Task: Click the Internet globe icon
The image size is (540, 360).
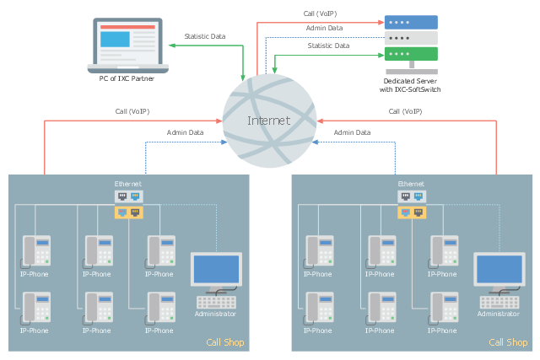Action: click(x=268, y=121)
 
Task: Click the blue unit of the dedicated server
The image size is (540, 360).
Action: click(x=411, y=22)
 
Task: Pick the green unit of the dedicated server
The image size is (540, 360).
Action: click(x=411, y=54)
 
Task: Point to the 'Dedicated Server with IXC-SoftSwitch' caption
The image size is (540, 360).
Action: click(x=411, y=85)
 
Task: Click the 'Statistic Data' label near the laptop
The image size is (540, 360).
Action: click(x=205, y=36)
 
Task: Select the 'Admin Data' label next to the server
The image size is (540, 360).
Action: click(x=325, y=29)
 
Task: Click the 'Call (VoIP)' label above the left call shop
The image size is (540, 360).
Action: click(x=133, y=111)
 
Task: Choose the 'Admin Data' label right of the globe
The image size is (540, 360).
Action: click(x=352, y=132)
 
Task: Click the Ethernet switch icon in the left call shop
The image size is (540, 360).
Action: click(x=128, y=204)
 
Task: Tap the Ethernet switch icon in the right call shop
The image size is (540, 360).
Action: click(x=411, y=204)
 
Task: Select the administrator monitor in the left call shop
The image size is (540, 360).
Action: click(x=216, y=271)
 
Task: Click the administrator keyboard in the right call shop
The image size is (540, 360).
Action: click(x=498, y=301)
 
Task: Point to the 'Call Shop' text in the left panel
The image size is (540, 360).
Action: click(x=225, y=342)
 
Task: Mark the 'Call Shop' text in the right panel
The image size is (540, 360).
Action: click(x=508, y=342)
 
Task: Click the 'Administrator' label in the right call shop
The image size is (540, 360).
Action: click(x=498, y=314)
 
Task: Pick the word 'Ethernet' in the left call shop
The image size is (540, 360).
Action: click(x=128, y=184)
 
